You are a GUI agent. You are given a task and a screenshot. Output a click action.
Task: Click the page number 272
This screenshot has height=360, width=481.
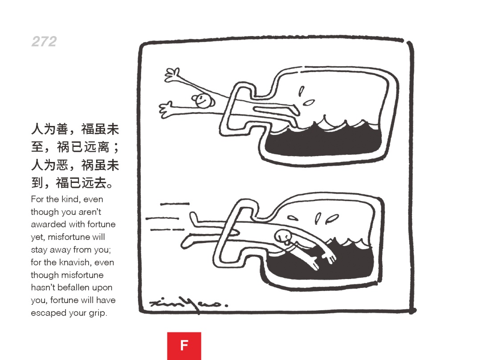(44, 41)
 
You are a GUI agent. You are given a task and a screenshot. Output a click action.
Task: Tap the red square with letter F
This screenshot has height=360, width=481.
(184, 346)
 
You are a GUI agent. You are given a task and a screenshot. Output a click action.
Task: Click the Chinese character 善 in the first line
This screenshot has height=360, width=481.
(62, 129)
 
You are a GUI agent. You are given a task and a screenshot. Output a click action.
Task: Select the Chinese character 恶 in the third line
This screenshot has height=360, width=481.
(62, 165)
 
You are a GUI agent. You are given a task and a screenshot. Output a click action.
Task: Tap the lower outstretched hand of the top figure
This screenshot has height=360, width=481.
(166, 109)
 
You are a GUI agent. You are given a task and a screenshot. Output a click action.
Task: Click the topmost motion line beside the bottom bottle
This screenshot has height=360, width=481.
(175, 204)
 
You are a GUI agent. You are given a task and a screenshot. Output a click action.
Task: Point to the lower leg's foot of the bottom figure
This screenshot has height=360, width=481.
(187, 242)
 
